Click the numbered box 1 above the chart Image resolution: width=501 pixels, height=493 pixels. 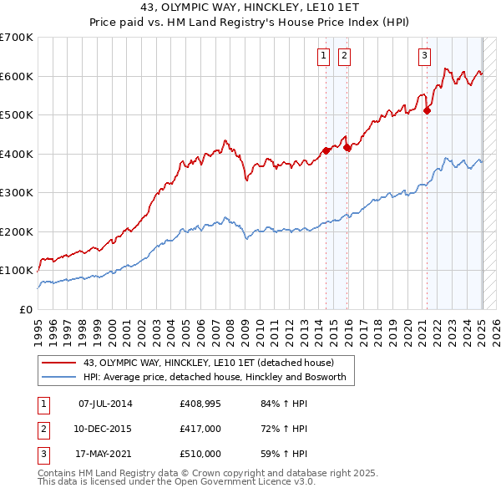(x=323, y=56)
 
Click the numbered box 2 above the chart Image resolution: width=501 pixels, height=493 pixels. (x=343, y=56)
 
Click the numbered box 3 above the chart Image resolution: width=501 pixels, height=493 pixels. (x=424, y=56)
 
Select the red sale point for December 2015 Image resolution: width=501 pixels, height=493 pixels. (x=347, y=147)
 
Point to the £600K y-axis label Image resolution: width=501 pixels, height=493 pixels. (x=17, y=76)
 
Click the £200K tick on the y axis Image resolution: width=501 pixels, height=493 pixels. (x=17, y=231)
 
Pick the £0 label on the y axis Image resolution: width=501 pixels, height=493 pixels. (x=27, y=309)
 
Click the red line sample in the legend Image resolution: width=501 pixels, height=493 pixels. (x=58, y=363)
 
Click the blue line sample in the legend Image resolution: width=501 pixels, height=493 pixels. (x=58, y=377)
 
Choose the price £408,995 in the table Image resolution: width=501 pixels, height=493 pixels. (x=200, y=404)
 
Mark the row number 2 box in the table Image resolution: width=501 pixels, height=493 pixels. (x=43, y=429)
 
